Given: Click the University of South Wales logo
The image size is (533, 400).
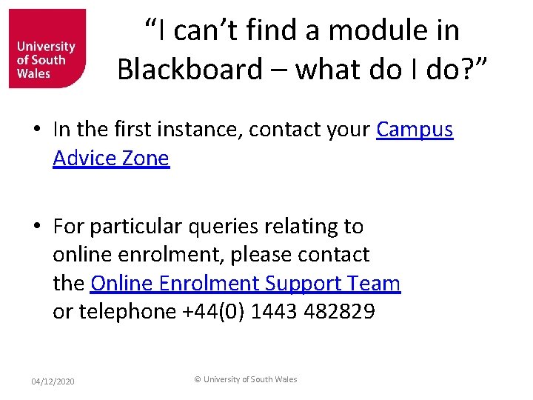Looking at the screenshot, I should (47, 48).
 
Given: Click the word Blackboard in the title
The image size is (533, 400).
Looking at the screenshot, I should (190, 69).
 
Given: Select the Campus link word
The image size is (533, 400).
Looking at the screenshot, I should (415, 130).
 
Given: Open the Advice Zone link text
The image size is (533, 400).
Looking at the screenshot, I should (111, 158).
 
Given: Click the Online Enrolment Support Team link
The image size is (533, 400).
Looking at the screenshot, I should (245, 284).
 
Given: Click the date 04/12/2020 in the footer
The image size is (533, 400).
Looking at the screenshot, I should (53, 381).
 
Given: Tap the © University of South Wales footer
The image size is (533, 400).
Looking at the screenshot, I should (245, 379).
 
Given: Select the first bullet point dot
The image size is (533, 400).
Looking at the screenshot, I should (36, 130).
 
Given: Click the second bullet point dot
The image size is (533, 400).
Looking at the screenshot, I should (36, 227).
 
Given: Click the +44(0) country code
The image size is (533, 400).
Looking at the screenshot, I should (213, 312).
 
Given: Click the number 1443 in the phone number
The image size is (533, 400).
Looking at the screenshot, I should (275, 312).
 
